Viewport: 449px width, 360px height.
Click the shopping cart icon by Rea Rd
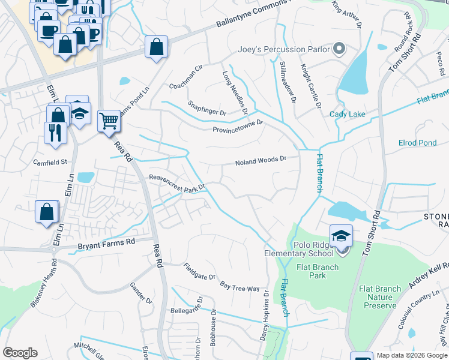pos(109,121)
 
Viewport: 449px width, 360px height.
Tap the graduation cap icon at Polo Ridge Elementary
pos(341,235)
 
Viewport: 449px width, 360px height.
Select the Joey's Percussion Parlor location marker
pos(339,49)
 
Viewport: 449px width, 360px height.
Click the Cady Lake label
pos(347,114)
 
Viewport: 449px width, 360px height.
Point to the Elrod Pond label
pos(417,143)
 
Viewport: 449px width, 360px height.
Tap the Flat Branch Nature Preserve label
pos(379,297)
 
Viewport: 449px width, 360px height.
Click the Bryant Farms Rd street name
pos(107,244)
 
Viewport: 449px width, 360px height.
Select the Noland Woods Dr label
pos(259,161)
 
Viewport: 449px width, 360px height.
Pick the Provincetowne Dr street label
pos(238,127)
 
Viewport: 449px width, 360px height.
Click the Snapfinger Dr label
pos(206,107)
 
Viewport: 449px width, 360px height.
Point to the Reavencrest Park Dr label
pos(177,182)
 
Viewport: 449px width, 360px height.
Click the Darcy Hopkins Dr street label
pos(264,317)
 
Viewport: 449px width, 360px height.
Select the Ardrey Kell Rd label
pos(428,274)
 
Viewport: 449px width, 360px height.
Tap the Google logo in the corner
pos(20,353)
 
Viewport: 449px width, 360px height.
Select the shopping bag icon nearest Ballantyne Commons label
pos(156,47)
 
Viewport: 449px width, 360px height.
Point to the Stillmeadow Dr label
pos(288,82)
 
